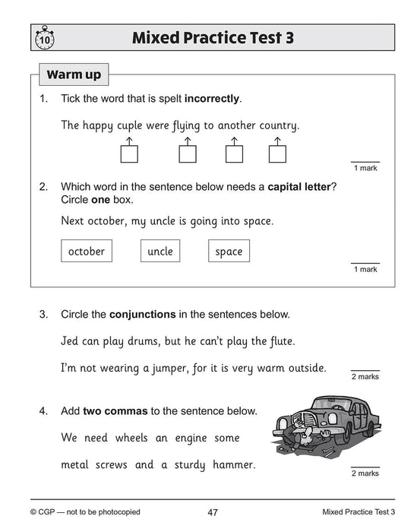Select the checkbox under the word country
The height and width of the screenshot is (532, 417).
pyautogui.click(x=276, y=154)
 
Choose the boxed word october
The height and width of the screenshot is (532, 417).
pyautogui.click(x=86, y=251)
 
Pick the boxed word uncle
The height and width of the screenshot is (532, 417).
pyautogui.click(x=160, y=251)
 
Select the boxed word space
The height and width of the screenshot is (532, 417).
pyautogui.click(x=229, y=251)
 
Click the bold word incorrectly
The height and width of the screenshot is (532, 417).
pyautogui.click(x=213, y=100)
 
